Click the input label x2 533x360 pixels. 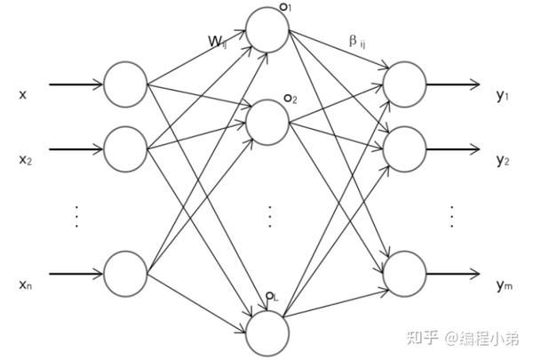click(x=25, y=160)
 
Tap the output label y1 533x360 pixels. click(x=503, y=95)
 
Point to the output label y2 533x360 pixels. click(x=503, y=160)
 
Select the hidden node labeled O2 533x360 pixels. click(x=268, y=123)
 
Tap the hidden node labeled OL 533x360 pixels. click(x=268, y=333)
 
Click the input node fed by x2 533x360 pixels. click(x=125, y=148)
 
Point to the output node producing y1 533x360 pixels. click(x=404, y=84)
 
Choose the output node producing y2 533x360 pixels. click(x=404, y=148)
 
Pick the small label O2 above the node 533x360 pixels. click(x=290, y=98)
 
